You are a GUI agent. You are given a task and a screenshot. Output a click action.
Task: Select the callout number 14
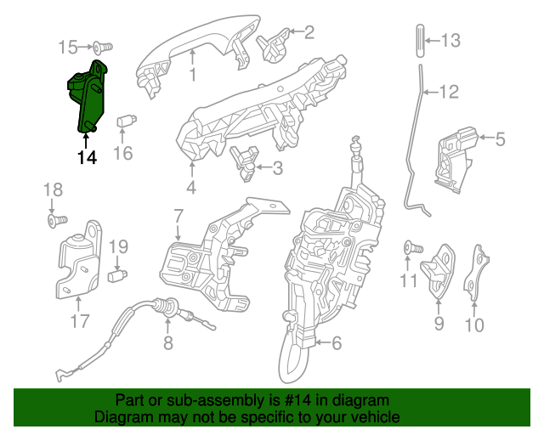pos(86,157)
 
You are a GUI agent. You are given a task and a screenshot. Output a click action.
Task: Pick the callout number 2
pos(308,33)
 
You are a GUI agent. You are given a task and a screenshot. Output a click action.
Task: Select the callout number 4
pos(191,188)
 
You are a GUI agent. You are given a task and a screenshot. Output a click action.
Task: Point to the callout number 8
pos(167,342)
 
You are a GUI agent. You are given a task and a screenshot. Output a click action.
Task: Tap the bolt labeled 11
pos(414,247)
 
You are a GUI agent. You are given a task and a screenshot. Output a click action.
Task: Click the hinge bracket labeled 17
pos(80,263)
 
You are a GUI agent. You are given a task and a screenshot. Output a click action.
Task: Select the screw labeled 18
pos(54,220)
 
